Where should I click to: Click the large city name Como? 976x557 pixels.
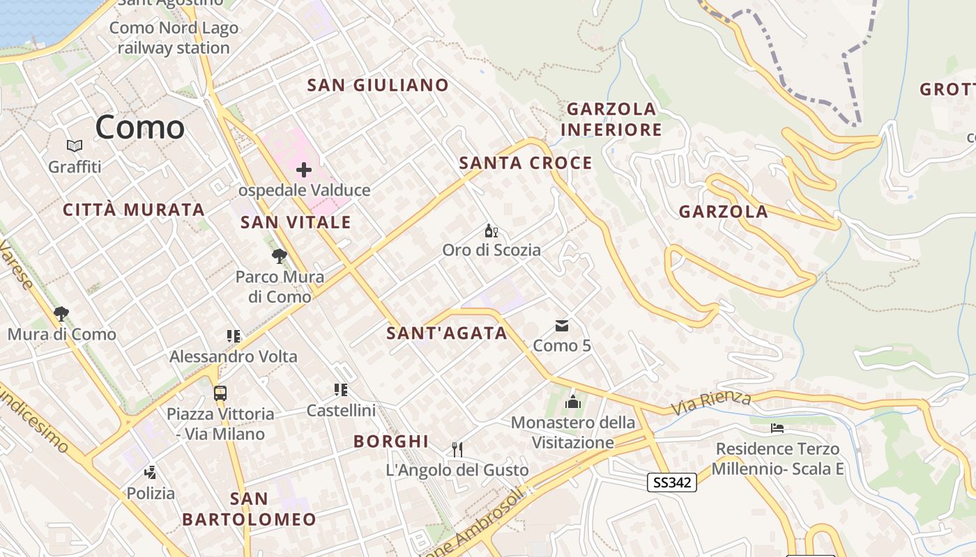point(139,127)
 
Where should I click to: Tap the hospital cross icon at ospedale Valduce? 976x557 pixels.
point(303,169)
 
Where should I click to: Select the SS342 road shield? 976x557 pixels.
point(672,482)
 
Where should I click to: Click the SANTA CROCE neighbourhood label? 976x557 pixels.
point(526,163)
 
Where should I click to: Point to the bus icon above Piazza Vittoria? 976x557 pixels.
point(220,393)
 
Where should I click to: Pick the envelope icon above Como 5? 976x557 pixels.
point(562,325)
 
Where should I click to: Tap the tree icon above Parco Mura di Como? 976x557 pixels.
point(280,256)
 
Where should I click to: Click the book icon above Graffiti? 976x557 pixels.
point(75,146)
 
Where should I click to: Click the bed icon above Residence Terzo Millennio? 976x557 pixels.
point(777,427)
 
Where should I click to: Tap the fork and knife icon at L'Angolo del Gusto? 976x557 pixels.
point(457,449)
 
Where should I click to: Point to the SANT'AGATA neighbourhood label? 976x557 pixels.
point(447,334)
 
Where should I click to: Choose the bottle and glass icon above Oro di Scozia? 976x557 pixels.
point(491,230)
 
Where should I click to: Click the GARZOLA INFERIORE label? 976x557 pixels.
point(611,119)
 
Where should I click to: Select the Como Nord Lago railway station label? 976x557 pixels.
point(174,38)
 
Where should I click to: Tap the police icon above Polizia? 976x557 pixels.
point(150,473)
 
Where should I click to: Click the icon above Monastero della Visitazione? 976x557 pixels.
point(573,401)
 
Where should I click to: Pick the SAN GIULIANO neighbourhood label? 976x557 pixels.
point(378,85)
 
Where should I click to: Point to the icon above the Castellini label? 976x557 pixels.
point(341,390)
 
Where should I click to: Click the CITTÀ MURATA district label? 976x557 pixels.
point(134,210)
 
